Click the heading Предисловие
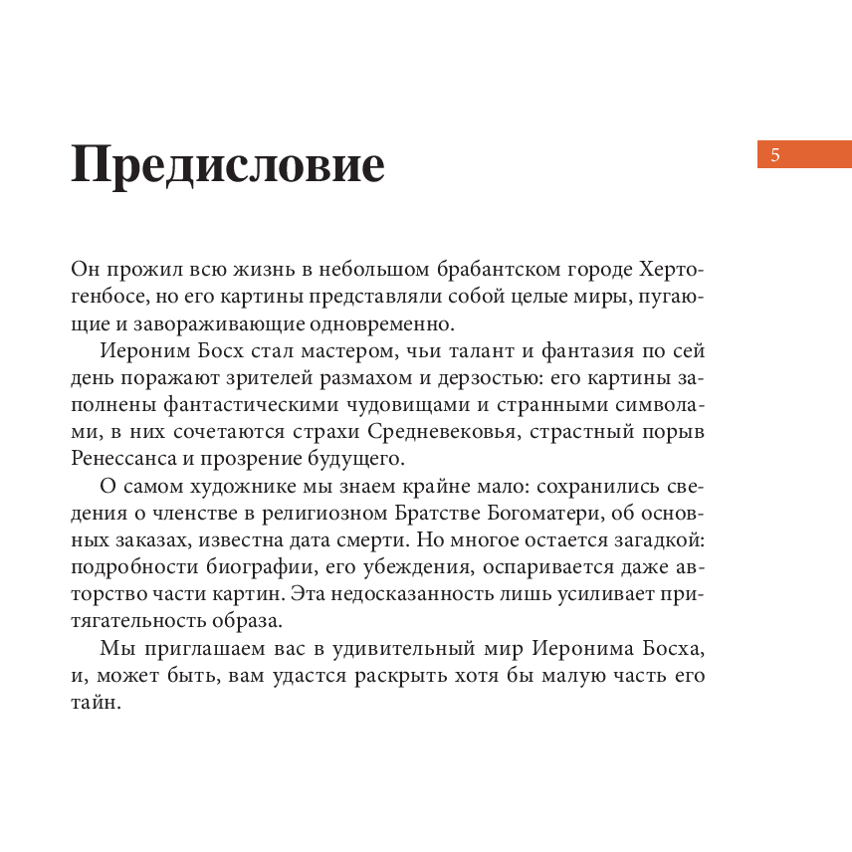(228, 164)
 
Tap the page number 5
(775, 154)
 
